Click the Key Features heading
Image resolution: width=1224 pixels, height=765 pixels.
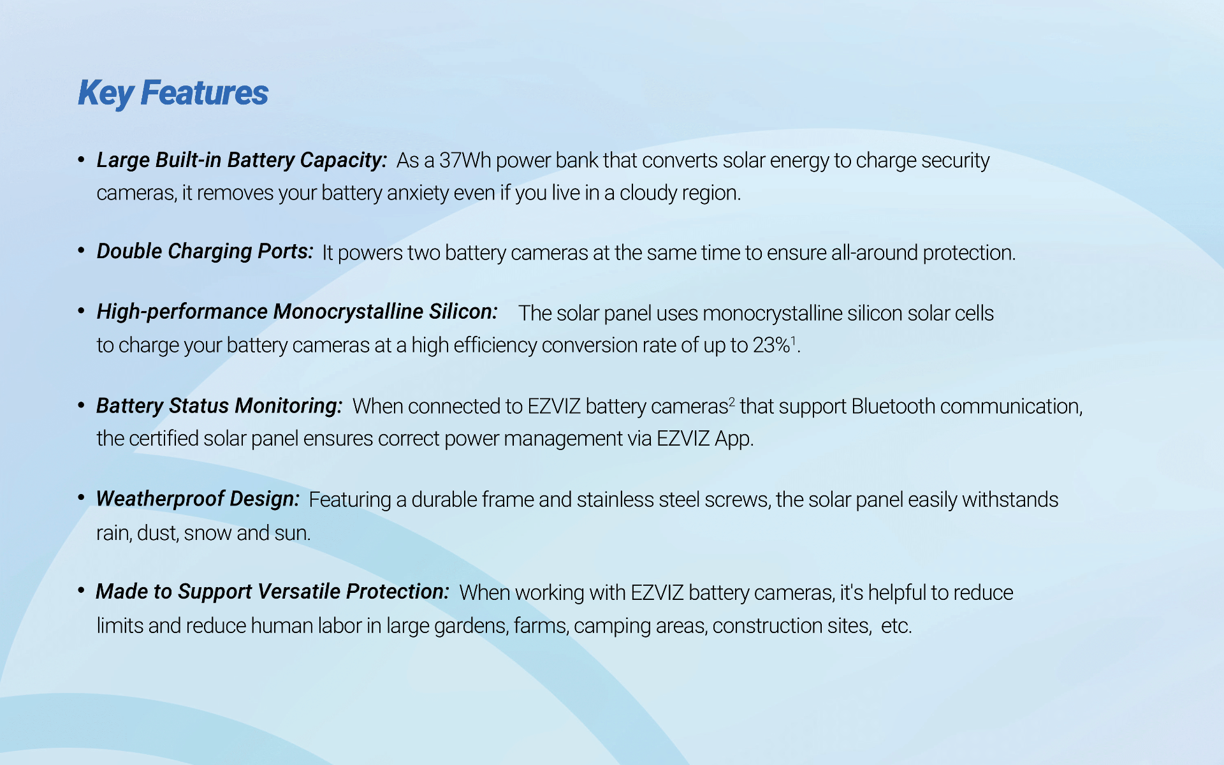pos(173,93)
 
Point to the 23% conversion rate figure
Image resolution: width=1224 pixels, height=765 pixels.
pos(771,345)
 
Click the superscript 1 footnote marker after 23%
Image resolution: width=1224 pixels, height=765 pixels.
pos(794,340)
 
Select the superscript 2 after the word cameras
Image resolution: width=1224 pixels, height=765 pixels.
pos(732,402)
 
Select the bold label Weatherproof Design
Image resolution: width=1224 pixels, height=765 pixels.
pos(198,499)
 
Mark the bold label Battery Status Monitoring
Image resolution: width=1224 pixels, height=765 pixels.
pos(219,406)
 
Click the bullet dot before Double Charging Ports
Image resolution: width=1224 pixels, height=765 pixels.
pos(81,251)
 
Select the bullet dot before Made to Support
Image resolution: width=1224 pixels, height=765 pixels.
pos(81,591)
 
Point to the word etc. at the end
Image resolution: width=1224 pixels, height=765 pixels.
pos(896,626)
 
